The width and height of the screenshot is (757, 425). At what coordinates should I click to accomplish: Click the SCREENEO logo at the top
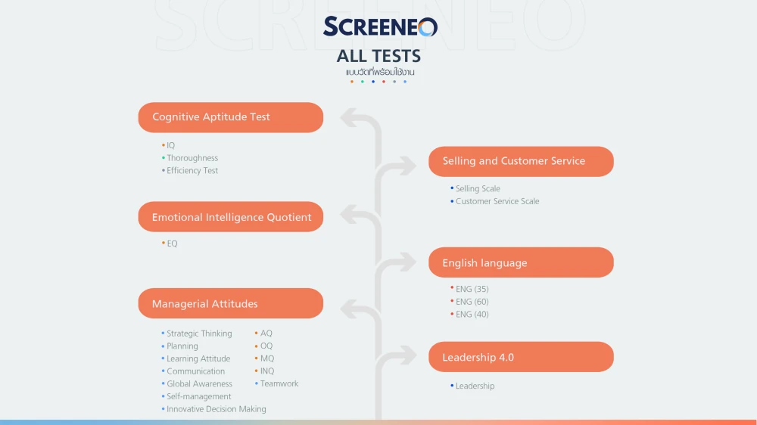pos(380,27)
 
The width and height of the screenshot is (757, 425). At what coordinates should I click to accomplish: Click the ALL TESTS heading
pos(378,56)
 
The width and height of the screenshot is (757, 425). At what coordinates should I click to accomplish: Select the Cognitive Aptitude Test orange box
pos(230,117)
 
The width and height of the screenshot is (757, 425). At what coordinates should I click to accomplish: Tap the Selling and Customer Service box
pos(521,161)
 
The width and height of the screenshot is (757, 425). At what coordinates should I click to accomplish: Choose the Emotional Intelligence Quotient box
pos(230,217)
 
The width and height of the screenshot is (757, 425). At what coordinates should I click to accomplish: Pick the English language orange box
pos(521,263)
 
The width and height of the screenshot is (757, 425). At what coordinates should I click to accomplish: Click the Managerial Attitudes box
pos(230,304)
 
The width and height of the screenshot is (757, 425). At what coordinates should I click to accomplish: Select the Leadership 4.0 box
pos(521,357)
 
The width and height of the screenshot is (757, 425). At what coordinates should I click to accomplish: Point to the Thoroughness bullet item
pos(192,158)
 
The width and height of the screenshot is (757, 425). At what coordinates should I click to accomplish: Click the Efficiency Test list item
pos(192,171)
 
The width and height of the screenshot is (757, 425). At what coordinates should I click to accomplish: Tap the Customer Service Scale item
pos(497,201)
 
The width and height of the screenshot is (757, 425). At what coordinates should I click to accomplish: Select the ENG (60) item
pos(472,302)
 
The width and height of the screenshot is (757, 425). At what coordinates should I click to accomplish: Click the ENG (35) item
pos(472,289)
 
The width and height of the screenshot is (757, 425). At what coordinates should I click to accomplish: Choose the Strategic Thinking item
pos(199,333)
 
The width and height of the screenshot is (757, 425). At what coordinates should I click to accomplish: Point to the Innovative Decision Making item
pos(217,409)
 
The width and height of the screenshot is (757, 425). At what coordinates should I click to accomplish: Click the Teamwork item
pos(279,384)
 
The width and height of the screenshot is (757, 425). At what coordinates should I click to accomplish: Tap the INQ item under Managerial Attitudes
pos(267,371)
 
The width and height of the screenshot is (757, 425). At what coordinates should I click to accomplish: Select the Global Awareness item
pos(199,384)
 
